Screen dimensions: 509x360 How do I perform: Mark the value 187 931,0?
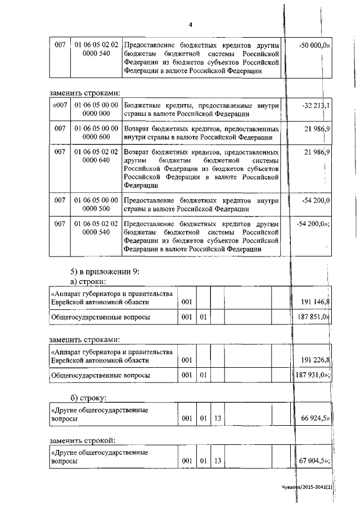pyautogui.click(x=313, y=375)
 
